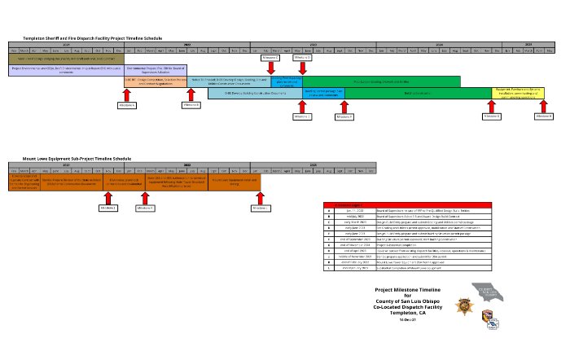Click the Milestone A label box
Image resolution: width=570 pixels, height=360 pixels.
127,106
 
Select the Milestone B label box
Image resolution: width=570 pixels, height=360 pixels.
191,106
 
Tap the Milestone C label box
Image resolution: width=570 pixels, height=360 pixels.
271,59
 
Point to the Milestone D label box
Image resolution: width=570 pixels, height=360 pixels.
301,59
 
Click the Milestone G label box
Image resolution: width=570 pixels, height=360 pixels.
492,116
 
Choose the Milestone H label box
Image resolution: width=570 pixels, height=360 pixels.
544,116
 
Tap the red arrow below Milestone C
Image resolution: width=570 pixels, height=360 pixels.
271,70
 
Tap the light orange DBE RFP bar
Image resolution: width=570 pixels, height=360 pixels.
156,81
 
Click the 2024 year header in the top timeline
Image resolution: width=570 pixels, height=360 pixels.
439,44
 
